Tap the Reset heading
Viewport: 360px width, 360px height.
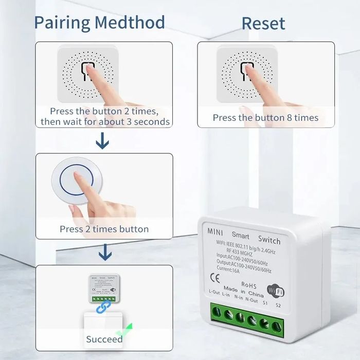[263, 23]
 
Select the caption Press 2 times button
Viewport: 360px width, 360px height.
[104, 229]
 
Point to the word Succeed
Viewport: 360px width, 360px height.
[104, 339]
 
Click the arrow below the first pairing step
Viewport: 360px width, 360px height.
[104, 140]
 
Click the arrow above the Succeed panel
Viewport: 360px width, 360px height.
[104, 252]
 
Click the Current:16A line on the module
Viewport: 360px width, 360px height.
[228, 267]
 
